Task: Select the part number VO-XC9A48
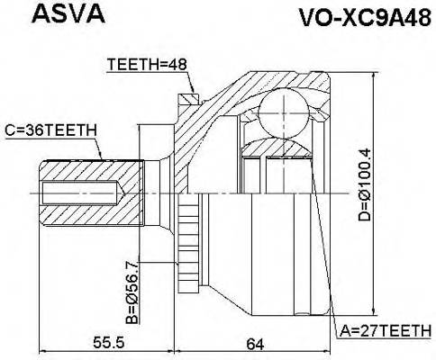358,17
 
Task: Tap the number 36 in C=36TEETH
31,130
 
